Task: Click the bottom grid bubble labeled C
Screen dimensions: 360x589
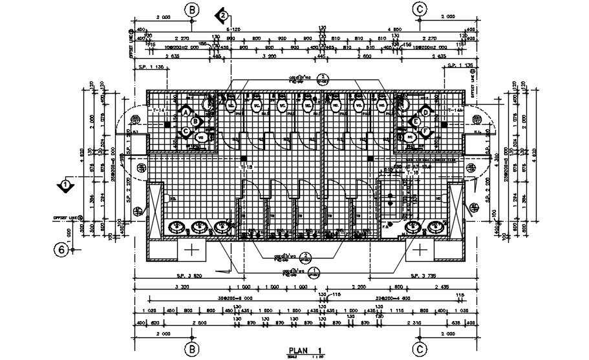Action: tap(420, 350)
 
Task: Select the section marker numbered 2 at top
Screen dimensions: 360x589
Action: tap(222, 14)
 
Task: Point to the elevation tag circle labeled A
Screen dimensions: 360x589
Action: tap(186, 112)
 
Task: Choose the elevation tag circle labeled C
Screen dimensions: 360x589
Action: tap(186, 131)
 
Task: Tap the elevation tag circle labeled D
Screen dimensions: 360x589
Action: tap(426, 112)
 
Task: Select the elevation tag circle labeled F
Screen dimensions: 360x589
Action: tap(426, 131)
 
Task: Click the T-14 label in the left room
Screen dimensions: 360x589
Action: tap(158, 112)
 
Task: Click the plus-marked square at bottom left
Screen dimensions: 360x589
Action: tap(192, 249)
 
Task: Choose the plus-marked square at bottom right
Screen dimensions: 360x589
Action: tap(421, 249)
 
